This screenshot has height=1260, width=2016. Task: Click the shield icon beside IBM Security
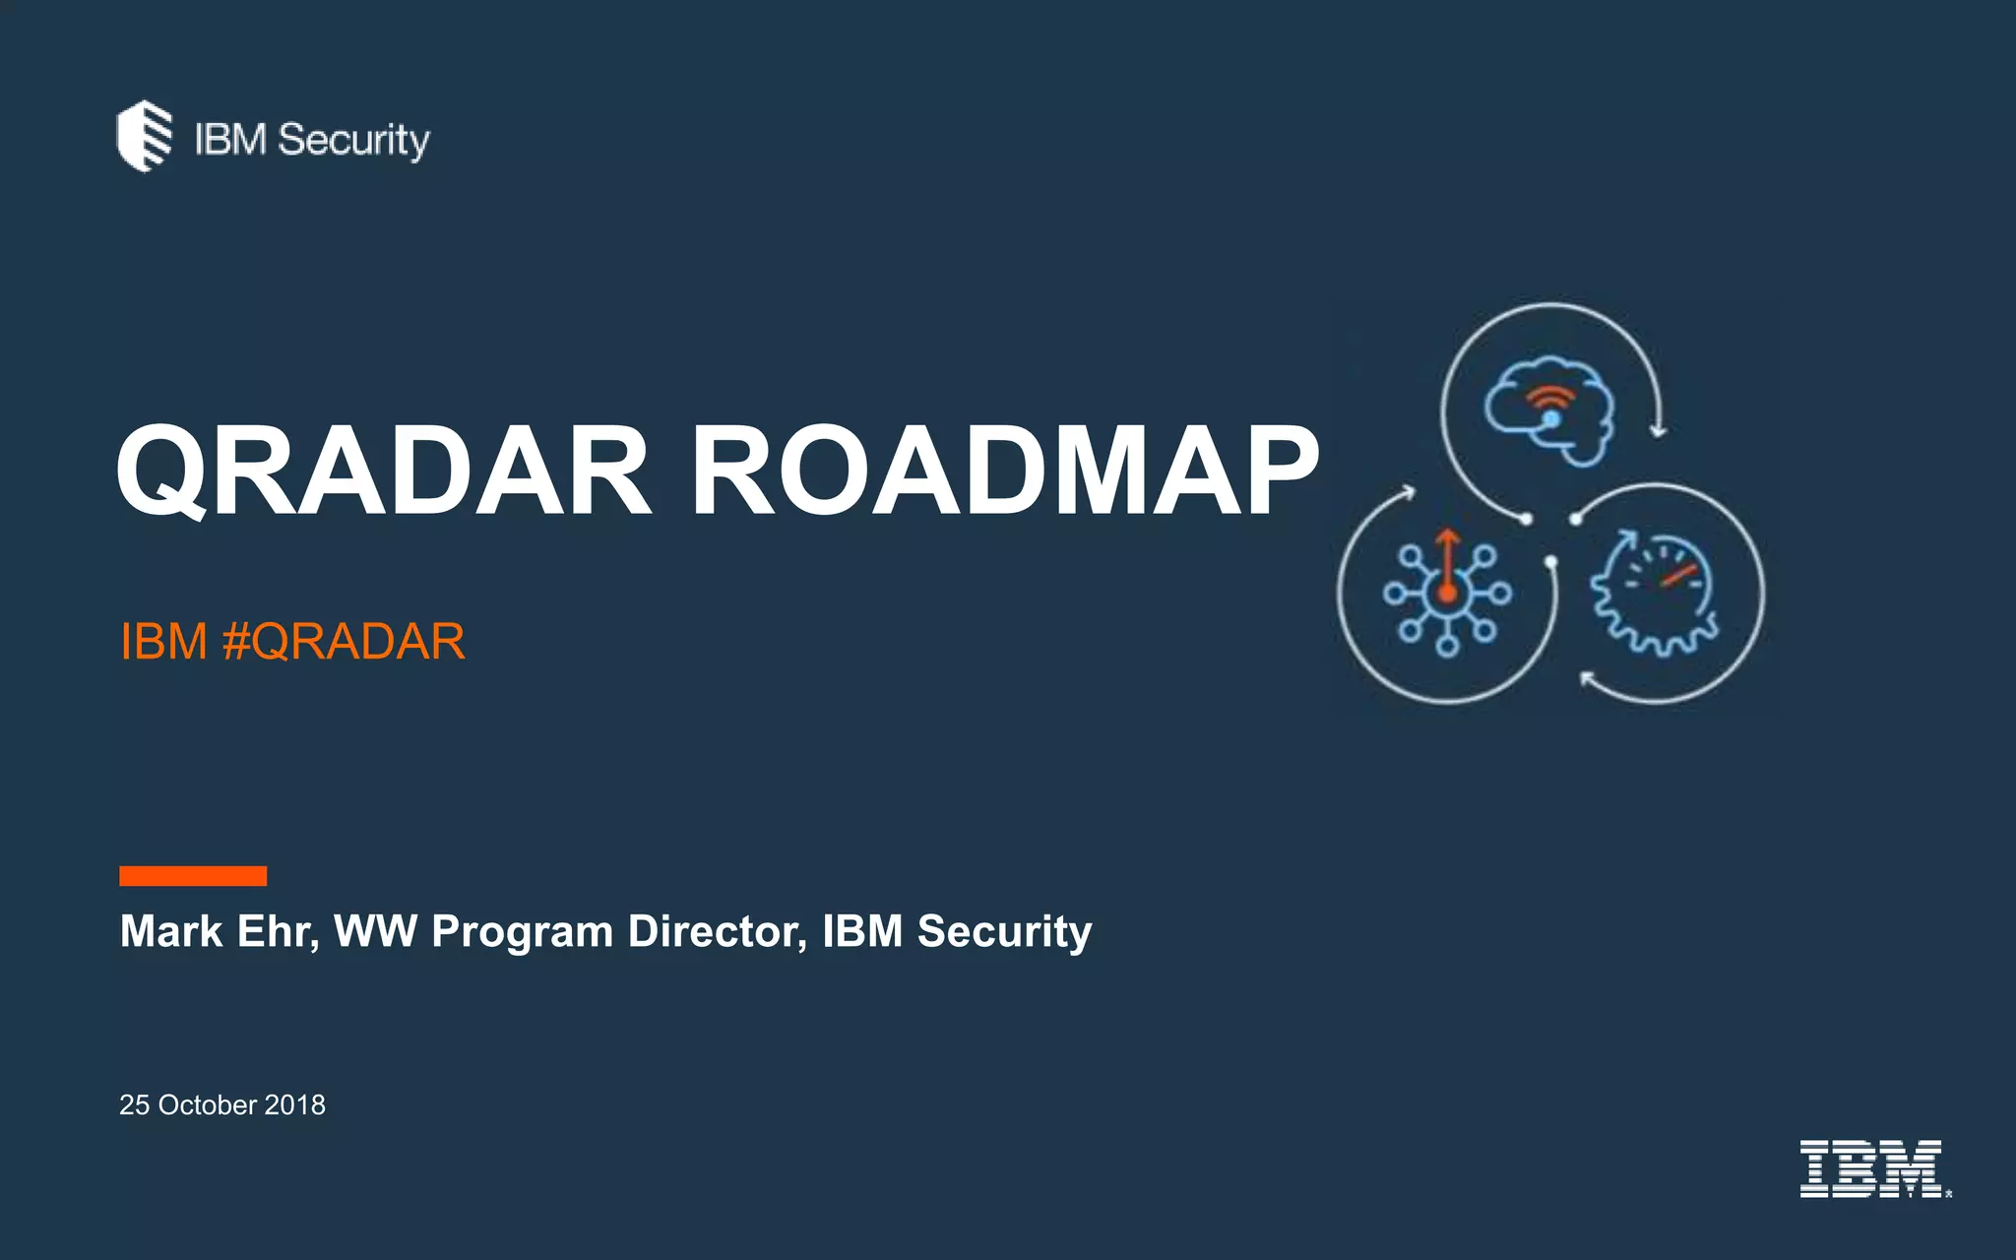(x=144, y=136)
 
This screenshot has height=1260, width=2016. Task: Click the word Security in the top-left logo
(x=353, y=141)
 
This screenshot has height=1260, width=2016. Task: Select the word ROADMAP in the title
(x=1004, y=471)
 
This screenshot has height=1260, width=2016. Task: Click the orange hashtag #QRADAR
(x=344, y=642)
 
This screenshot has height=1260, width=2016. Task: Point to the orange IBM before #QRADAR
(x=163, y=642)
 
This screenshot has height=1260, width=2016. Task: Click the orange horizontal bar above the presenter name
(x=193, y=876)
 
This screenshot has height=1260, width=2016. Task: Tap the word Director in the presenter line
(x=717, y=931)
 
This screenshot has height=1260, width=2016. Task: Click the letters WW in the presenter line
(x=375, y=931)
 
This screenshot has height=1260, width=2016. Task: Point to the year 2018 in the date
(x=294, y=1105)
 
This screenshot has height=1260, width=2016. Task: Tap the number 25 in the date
(x=134, y=1105)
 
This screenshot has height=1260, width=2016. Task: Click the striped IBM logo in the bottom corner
(x=1871, y=1168)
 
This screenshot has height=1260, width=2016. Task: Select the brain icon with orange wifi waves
(x=1549, y=409)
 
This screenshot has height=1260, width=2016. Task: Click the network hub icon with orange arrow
(x=1447, y=593)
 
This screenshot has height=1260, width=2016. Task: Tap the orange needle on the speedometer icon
(x=1679, y=575)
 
